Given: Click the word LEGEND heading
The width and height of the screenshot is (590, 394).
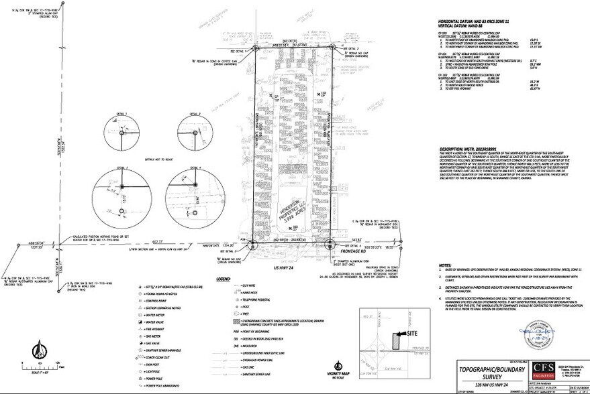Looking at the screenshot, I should coord(224,279).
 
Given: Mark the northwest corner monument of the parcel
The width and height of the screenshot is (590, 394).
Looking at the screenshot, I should coord(256,48).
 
